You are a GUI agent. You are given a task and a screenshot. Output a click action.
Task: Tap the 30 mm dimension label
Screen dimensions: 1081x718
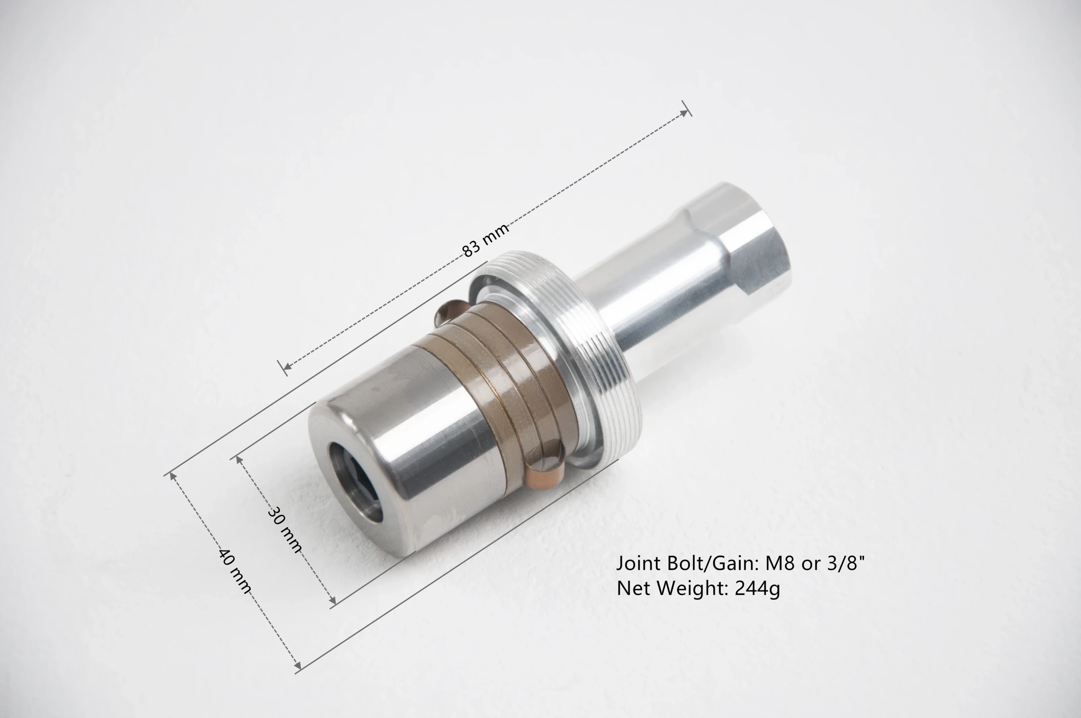tap(284, 530)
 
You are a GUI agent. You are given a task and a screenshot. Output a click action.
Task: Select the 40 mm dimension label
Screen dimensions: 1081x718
tap(235, 571)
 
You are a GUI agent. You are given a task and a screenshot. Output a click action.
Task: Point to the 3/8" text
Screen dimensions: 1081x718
tap(847, 563)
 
